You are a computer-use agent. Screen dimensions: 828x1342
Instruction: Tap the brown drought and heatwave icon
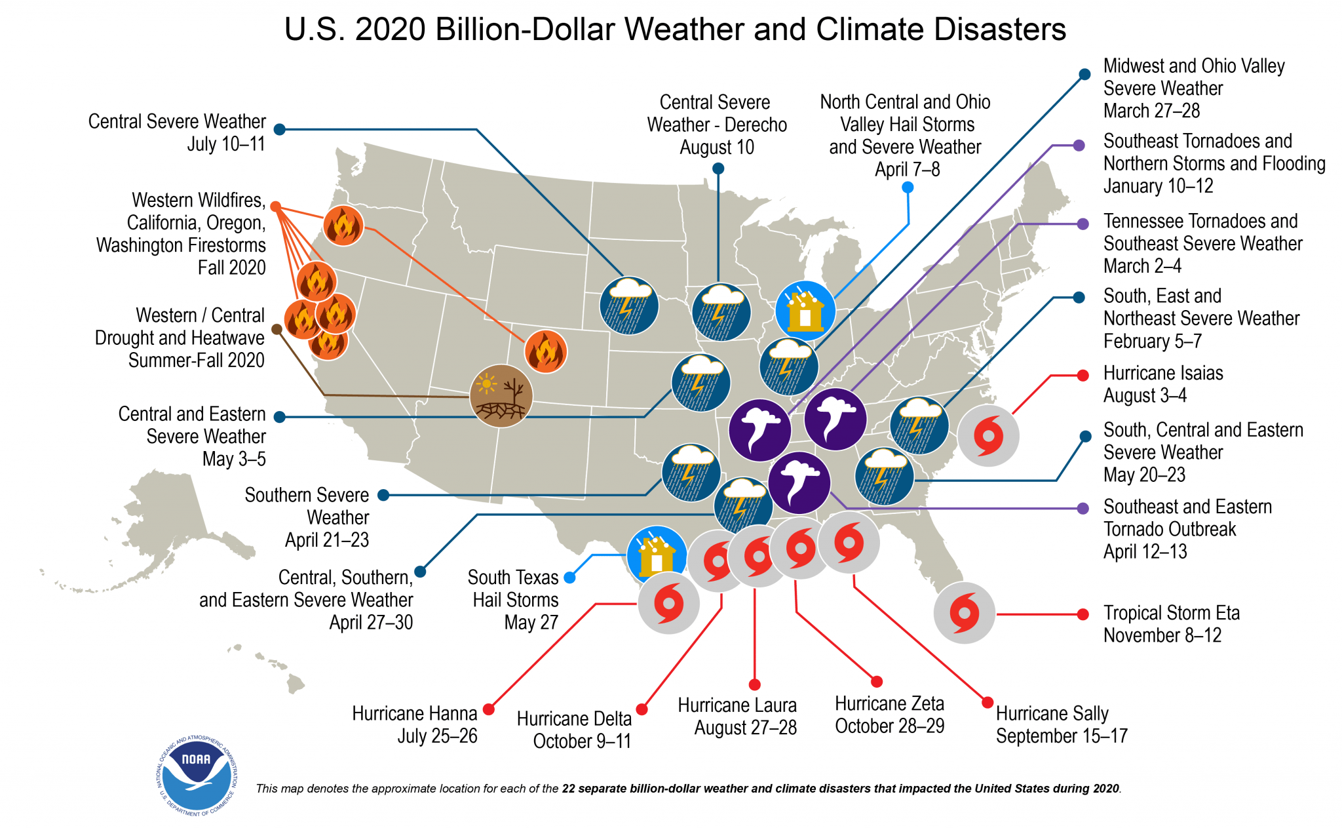[501, 396]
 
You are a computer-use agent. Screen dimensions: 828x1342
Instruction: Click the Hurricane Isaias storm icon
[988, 435]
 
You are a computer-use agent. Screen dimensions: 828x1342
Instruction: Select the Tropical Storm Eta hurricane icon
[964, 613]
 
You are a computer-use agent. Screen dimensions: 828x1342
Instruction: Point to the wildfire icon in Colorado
[545, 352]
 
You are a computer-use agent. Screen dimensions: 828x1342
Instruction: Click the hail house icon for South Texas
[657, 555]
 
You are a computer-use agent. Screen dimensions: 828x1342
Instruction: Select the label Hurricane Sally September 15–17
[1061, 724]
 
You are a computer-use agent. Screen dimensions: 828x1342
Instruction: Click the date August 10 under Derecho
[716, 148]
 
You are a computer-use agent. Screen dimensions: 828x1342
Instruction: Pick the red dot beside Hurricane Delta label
[642, 709]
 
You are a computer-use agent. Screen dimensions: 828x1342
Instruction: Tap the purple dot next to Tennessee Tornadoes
[1083, 224]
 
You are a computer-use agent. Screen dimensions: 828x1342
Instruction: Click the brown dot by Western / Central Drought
[277, 329]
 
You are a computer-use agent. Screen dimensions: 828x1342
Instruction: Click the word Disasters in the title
[1000, 30]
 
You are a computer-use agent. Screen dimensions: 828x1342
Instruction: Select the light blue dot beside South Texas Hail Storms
[569, 578]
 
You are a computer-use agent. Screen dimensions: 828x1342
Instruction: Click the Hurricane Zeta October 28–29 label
[889, 715]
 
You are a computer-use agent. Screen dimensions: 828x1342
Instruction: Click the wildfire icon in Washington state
[343, 226]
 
